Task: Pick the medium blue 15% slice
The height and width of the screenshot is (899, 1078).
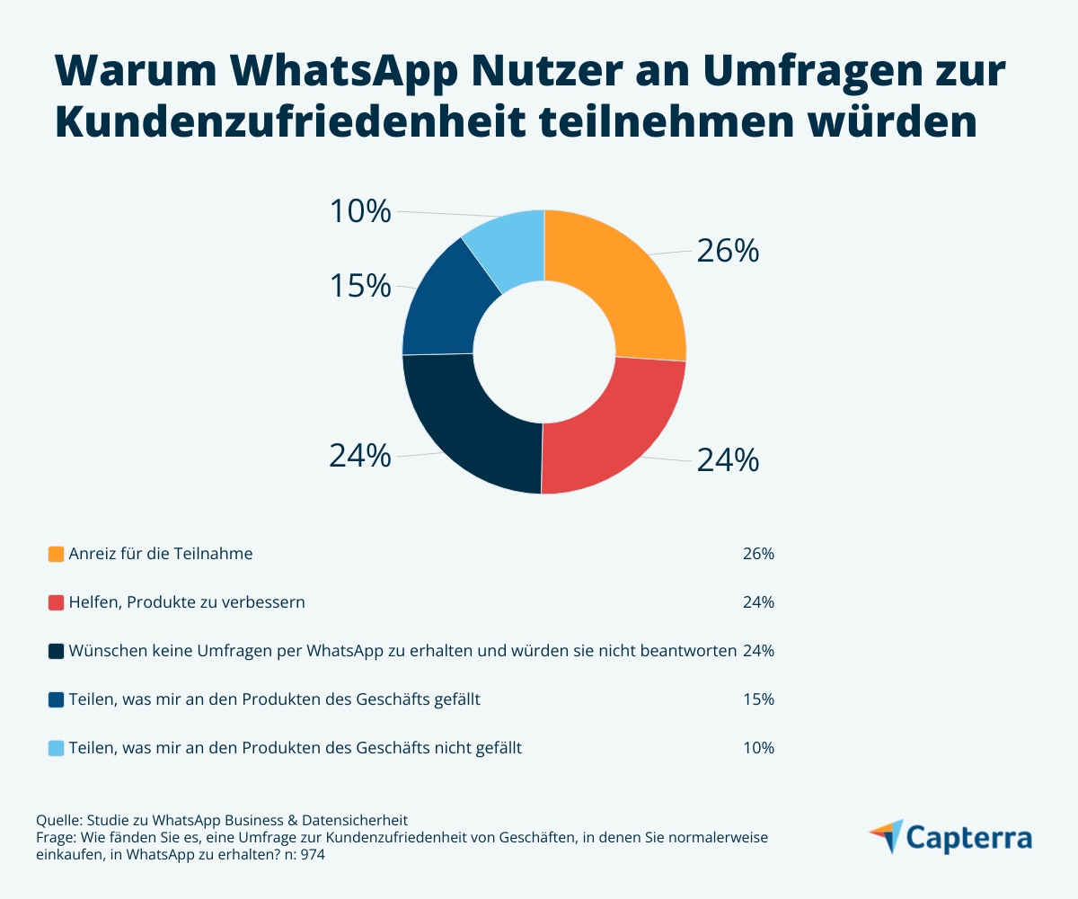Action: pyautogui.click(x=445, y=306)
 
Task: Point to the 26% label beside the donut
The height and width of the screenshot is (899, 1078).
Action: pyautogui.click(x=728, y=252)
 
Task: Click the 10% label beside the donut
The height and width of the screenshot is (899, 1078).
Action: pyautogui.click(x=360, y=212)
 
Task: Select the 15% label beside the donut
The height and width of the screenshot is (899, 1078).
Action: pyautogui.click(x=360, y=287)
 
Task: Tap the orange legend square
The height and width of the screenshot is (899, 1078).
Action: pyautogui.click(x=56, y=554)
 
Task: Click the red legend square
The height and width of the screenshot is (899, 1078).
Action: pyautogui.click(x=56, y=602)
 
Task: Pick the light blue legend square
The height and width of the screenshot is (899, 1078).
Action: pyautogui.click(x=56, y=748)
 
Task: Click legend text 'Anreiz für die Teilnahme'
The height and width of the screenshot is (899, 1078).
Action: pyautogui.click(x=161, y=554)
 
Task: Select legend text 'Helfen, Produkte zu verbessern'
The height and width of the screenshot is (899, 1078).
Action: pyautogui.click(x=187, y=602)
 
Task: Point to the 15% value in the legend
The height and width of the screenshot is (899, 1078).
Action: pyautogui.click(x=758, y=699)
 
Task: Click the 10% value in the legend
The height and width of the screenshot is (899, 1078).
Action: pyautogui.click(x=758, y=748)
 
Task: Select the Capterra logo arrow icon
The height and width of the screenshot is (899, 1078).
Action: pyautogui.click(x=887, y=834)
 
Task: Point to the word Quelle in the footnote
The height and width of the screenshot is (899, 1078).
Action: pyautogui.click(x=57, y=820)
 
